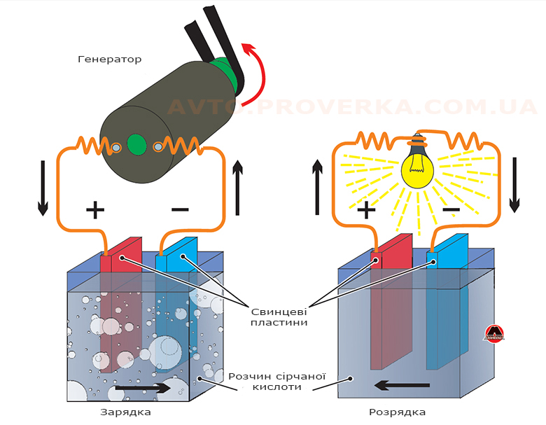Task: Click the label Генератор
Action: [x=109, y=60]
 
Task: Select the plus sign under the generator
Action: [x=94, y=209]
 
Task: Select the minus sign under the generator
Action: [x=180, y=209]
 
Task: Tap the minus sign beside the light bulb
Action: [x=451, y=209]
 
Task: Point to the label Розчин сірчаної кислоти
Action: [x=268, y=381]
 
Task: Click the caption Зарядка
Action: [x=126, y=412]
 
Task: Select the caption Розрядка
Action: [x=397, y=412]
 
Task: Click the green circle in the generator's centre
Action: [x=137, y=146]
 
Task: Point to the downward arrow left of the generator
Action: [x=43, y=187]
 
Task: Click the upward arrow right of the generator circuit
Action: [x=238, y=187]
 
